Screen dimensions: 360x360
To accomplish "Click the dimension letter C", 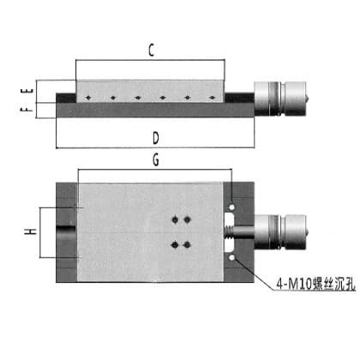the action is coord(151,50).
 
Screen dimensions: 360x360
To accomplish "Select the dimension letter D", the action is coord(156,138).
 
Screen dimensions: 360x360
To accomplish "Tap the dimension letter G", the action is coord(156,159).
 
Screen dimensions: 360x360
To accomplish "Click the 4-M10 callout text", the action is coord(316,284).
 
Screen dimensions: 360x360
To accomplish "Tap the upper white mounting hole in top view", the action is coord(231,207).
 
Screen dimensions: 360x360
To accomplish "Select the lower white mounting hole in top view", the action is coord(231,258).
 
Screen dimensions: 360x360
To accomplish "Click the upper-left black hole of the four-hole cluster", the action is coord(175,219).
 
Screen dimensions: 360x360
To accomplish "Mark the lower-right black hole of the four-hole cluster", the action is coord(187,244).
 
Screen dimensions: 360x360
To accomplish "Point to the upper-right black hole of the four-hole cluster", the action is coord(187,219).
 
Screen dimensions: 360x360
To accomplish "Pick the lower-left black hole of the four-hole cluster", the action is coord(175,244).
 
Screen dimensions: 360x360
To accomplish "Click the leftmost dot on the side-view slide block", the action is coord(88,98).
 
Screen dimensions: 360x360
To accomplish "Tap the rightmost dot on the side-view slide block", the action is coord(212,98).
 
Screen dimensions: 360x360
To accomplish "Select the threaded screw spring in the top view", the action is coord(229,232).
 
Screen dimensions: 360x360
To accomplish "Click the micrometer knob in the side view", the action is coord(281,99).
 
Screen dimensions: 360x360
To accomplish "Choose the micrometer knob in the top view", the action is coord(281,232).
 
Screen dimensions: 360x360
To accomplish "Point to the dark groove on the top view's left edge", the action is coord(66,229).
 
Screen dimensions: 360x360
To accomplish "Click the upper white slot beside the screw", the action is coord(230,219).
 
